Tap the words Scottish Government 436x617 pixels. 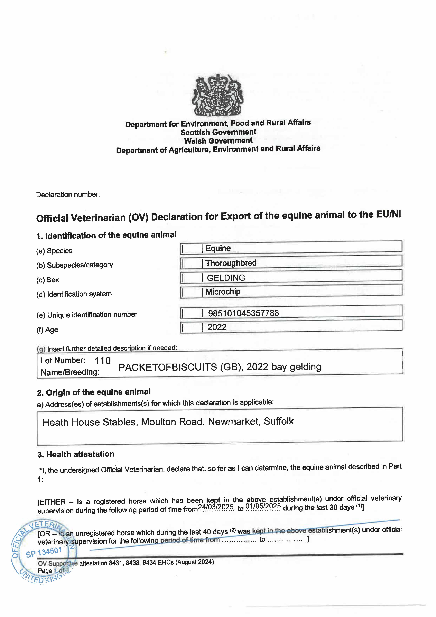tap(218, 132)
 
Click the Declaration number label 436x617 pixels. tap(68, 194)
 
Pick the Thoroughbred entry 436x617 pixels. tap(231, 263)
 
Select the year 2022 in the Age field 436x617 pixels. tap(217, 327)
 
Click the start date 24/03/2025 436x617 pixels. tap(216, 507)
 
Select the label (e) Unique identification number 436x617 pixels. tap(87, 315)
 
